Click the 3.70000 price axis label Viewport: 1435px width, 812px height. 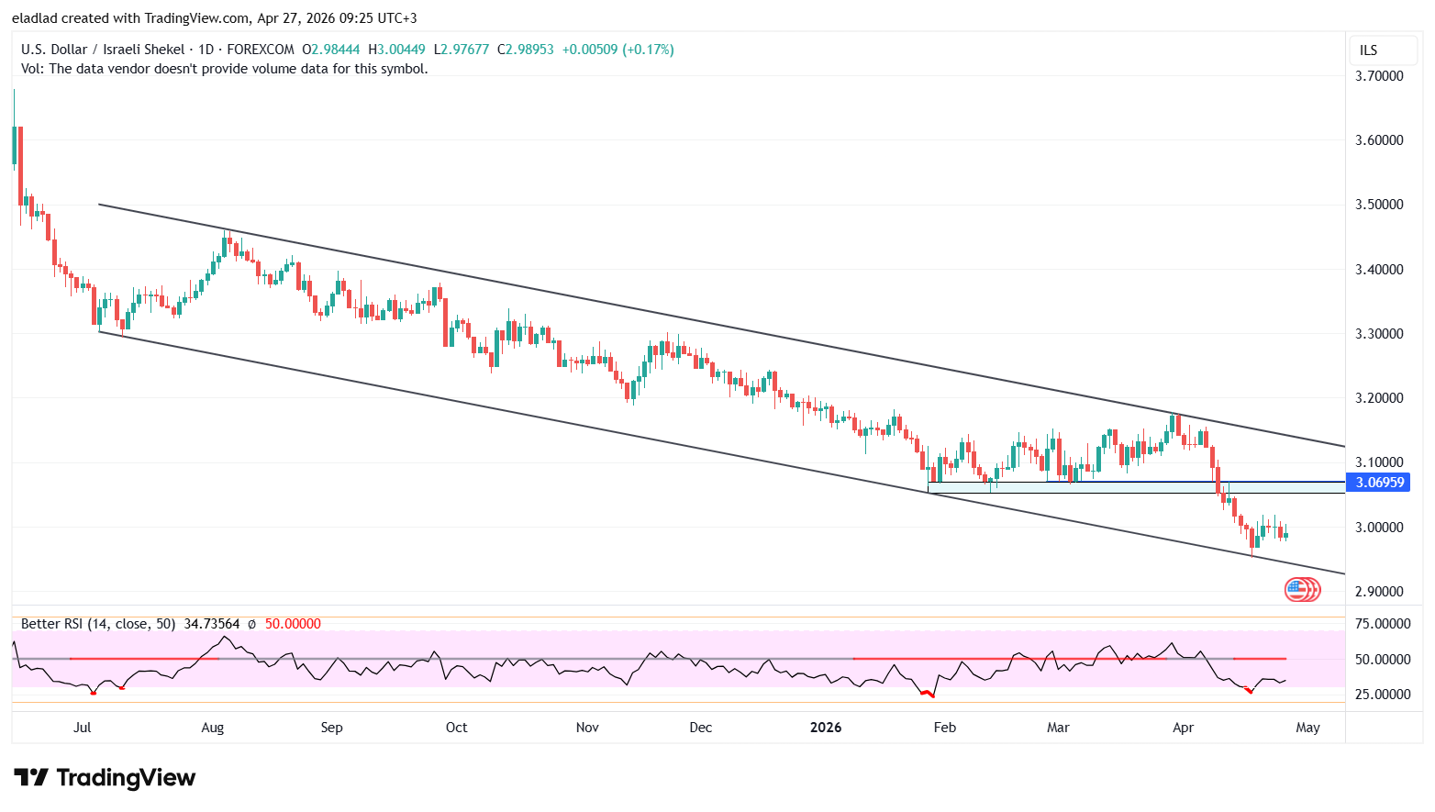[1379, 76]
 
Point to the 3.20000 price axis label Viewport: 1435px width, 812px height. [1379, 398]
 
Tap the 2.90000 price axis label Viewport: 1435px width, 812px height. [1379, 592]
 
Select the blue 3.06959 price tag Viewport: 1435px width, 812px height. [1379, 483]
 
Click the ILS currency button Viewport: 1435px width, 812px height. [1368, 50]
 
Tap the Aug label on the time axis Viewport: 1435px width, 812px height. [212, 728]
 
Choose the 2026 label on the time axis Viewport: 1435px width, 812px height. [826, 728]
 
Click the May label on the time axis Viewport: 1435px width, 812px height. [1307, 728]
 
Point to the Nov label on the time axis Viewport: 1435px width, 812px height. [587, 728]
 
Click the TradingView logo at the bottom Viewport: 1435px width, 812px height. [105, 778]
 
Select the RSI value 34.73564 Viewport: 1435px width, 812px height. [211, 624]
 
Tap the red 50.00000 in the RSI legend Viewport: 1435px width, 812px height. [293, 624]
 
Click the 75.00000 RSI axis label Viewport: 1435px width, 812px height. [1382, 624]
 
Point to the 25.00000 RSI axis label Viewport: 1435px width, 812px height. [1382, 695]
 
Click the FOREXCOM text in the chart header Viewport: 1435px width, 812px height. [261, 50]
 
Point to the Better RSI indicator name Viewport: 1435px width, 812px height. [52, 624]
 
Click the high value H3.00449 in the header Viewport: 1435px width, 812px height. [396, 50]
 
